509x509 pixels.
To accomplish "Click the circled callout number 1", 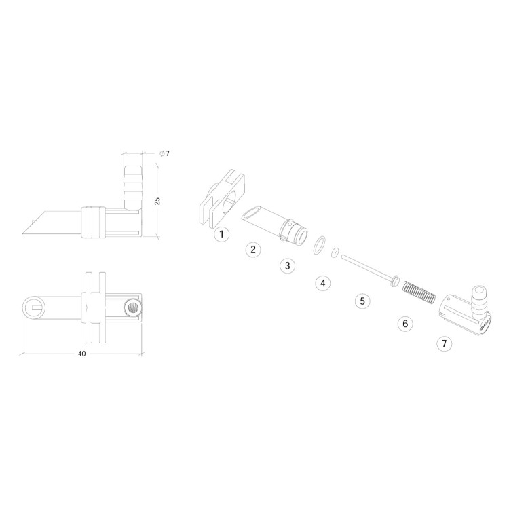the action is (x=222, y=234).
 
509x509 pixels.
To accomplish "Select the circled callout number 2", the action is (x=253, y=250).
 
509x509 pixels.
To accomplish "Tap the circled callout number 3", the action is (x=288, y=266).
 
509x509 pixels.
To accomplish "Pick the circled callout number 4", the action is (x=322, y=284).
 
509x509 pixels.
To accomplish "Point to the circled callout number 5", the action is (x=362, y=301).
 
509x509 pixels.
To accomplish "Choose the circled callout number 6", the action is (x=405, y=324).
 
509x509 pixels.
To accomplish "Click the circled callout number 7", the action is (x=445, y=343).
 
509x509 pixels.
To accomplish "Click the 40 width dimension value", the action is (x=82, y=354).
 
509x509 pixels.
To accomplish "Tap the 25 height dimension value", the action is (x=157, y=201).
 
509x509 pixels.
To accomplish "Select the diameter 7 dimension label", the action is (x=165, y=153).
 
